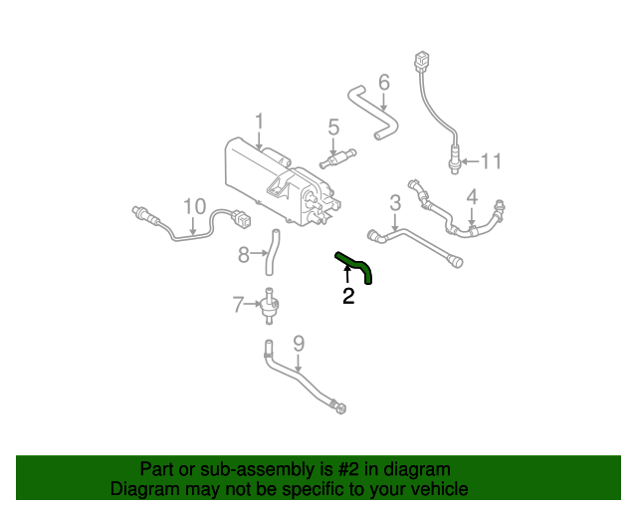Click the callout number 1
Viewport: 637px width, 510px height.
pos(259,123)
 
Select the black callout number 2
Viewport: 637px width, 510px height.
pos(347,296)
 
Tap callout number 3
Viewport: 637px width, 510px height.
pos(395,203)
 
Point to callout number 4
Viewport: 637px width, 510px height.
pos(472,197)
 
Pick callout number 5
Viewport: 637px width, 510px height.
pos(333,127)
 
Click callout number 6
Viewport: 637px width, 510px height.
pos(383,82)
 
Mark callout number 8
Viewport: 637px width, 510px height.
pos(243,255)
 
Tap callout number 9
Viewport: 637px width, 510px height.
pos(298,345)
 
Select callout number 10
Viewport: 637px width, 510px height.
pos(194,206)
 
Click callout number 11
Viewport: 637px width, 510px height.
pos(492,161)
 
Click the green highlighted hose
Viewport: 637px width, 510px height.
pos(355,266)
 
